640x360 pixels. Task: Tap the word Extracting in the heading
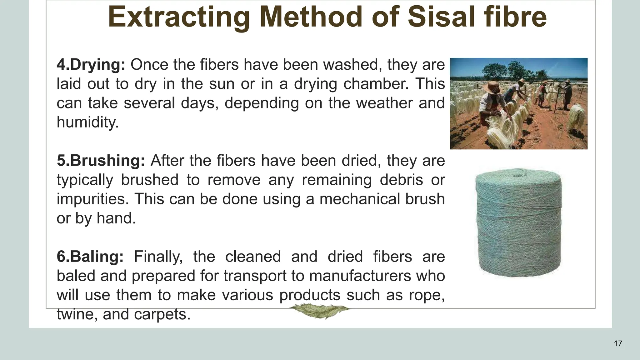click(178, 17)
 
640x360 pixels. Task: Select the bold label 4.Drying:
click(91, 65)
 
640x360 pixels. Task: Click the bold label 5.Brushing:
click(101, 161)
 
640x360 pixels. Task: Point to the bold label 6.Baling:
click(90, 257)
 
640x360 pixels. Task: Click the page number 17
click(618, 343)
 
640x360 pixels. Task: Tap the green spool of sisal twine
click(518, 222)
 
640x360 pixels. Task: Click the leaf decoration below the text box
click(319, 311)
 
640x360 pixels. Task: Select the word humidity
click(87, 122)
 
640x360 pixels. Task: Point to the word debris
click(401, 180)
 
